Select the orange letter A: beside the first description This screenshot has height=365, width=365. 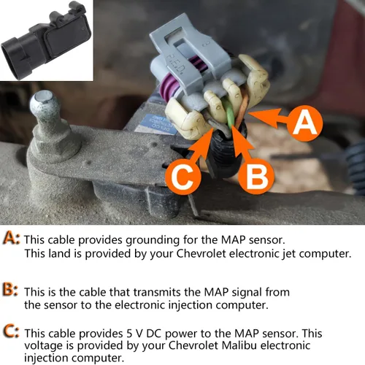tap(12, 239)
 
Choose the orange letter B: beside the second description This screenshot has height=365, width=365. tap(12, 291)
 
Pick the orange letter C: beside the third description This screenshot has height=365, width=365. tap(12, 332)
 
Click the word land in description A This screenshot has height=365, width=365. tap(60, 253)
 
